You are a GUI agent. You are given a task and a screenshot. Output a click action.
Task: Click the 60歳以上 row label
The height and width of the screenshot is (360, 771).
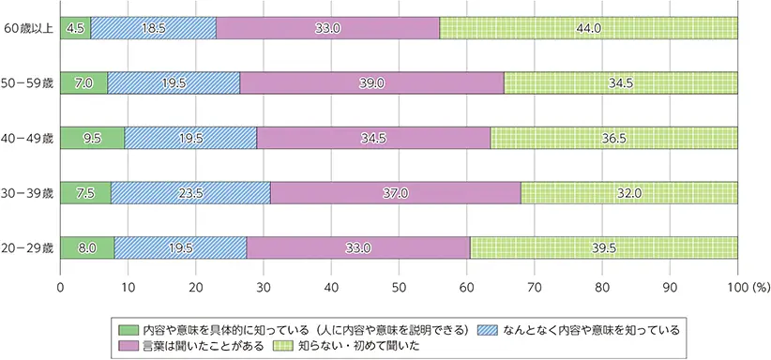coord(28,28)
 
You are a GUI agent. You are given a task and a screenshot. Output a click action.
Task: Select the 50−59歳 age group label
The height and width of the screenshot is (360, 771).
coord(28,82)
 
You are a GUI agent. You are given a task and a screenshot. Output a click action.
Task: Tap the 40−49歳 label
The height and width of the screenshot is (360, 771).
coord(28,137)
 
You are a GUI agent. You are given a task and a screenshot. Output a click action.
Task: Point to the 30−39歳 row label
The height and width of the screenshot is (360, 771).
coord(28,191)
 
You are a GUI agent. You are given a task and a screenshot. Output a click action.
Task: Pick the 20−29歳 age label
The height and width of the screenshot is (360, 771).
coord(28,246)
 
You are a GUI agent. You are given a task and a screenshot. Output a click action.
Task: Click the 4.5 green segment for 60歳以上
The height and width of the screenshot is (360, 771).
coord(75,28)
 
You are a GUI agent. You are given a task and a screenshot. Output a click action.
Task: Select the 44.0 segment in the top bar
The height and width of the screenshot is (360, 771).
coord(588,28)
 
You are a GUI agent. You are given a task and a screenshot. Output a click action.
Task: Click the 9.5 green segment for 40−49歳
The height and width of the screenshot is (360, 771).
coord(92,137)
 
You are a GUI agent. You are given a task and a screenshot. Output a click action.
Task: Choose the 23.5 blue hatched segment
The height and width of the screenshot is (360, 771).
coord(190,191)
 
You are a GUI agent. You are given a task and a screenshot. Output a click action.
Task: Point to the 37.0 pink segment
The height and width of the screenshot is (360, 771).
coord(395,191)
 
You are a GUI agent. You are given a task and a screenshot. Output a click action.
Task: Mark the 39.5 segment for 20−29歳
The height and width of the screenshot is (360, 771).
coord(603,246)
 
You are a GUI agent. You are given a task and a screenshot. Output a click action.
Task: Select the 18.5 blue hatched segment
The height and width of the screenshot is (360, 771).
coord(153,28)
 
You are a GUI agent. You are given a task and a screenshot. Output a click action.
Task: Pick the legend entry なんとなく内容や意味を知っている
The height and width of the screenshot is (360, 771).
coord(581,329)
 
